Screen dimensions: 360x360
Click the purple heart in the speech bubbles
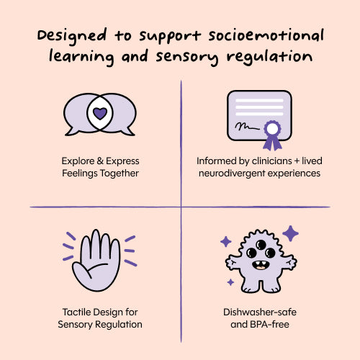100,113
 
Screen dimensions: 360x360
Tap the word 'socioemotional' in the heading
266,35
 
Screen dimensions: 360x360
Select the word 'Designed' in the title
72,36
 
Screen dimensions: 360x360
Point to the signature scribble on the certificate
247,127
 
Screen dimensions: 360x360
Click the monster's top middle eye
261,245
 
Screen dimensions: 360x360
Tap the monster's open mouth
260,265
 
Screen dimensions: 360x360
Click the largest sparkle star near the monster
290,233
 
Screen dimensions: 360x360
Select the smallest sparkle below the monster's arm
230,282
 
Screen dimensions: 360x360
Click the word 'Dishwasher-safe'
260,312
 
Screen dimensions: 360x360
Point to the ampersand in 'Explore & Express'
100,161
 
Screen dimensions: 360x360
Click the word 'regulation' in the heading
269,57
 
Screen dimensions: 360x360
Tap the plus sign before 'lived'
297,161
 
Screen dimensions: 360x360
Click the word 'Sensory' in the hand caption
75,325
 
